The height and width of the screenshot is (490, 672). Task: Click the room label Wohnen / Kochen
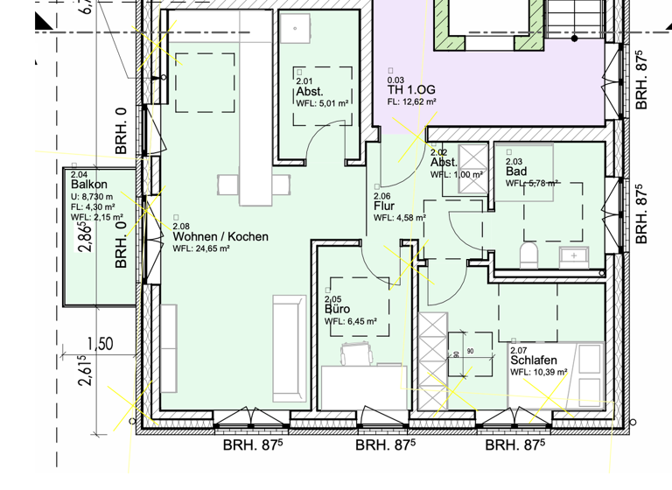click(220, 237)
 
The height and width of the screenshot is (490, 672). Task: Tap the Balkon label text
click(89, 185)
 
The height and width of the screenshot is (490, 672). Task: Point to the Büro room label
click(337, 310)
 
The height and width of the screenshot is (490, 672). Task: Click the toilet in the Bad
click(528, 255)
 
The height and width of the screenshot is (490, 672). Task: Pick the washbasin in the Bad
click(574, 255)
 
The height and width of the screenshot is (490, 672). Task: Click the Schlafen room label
click(534, 360)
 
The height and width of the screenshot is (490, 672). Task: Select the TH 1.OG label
click(411, 90)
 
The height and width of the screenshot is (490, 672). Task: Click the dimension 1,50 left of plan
click(100, 344)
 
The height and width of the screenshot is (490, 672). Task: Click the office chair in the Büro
click(356, 353)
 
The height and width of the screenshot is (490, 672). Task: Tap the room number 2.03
click(514, 161)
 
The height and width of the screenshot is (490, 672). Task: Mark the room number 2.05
click(332, 299)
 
